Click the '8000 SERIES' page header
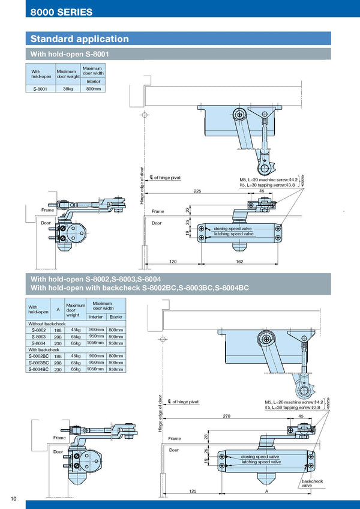click(62, 11)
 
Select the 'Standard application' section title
click(80, 39)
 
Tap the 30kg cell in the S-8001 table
click(68, 89)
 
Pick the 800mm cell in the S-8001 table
click(93, 89)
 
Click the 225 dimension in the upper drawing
click(197, 191)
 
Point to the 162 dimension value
click(239, 262)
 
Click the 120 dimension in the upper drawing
click(173, 262)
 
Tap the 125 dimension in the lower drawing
click(192, 491)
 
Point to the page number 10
click(13, 499)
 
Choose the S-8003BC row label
click(38, 363)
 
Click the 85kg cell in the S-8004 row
click(76, 343)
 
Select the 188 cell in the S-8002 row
click(58, 330)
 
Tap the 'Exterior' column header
click(116, 316)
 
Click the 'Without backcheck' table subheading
click(47, 323)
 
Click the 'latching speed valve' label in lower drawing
click(261, 462)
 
